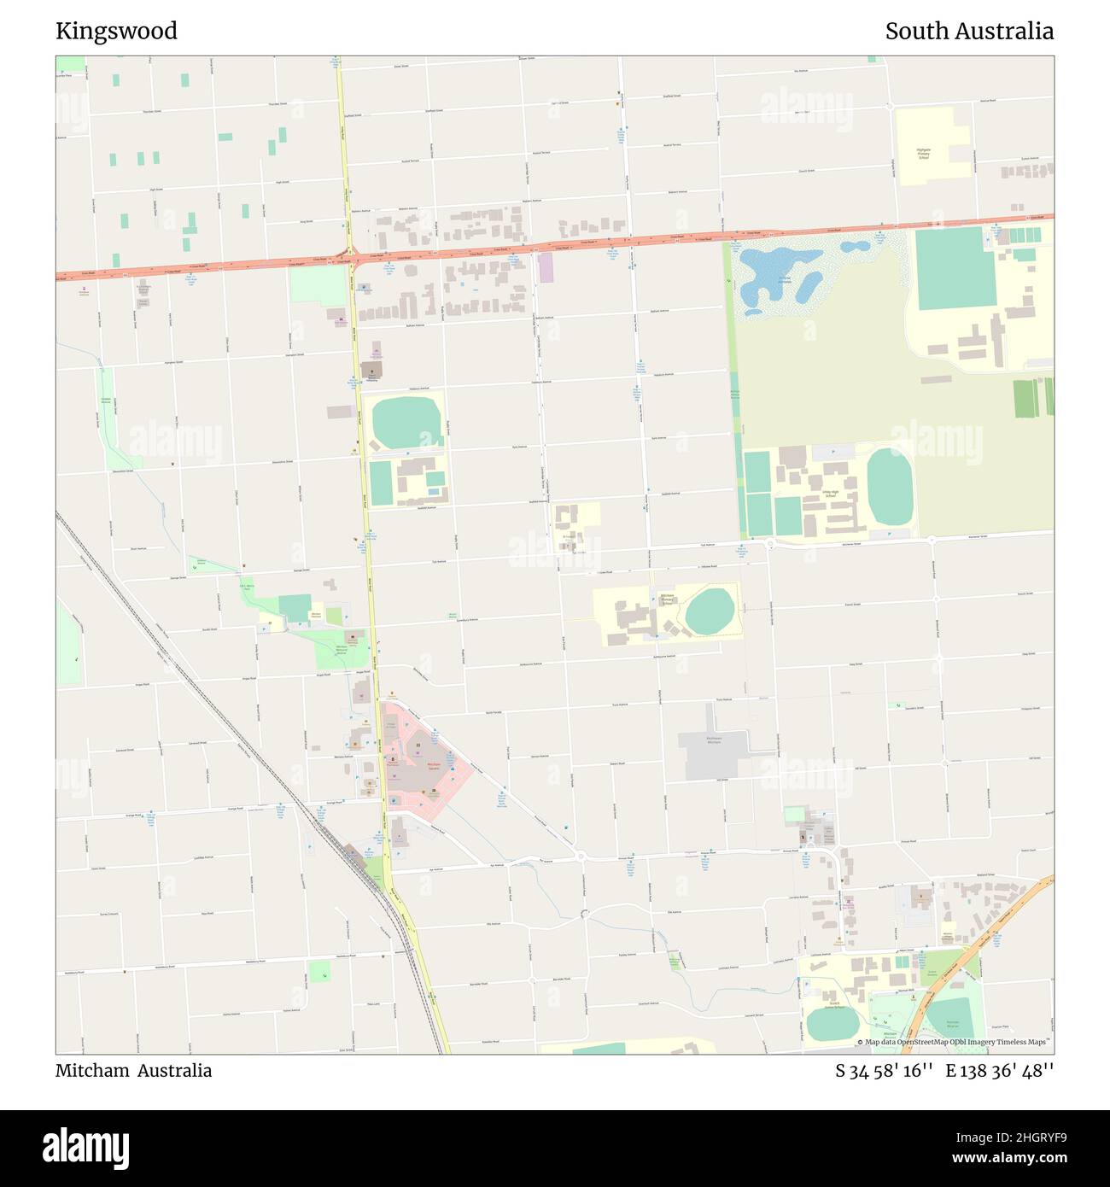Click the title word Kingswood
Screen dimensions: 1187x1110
coord(116,31)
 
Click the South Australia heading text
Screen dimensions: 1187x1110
coord(968,32)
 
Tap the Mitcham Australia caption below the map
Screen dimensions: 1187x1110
coord(133,1070)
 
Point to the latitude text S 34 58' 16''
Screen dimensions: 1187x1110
coord(884,1071)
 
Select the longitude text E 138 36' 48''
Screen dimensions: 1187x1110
coord(999,1071)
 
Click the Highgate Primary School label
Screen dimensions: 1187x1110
coord(923,154)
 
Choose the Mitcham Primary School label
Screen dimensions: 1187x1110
coord(667,600)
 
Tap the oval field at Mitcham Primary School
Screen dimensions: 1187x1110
coord(709,611)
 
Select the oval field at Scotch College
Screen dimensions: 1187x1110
coord(832,1023)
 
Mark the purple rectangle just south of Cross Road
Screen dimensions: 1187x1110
coord(546,267)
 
